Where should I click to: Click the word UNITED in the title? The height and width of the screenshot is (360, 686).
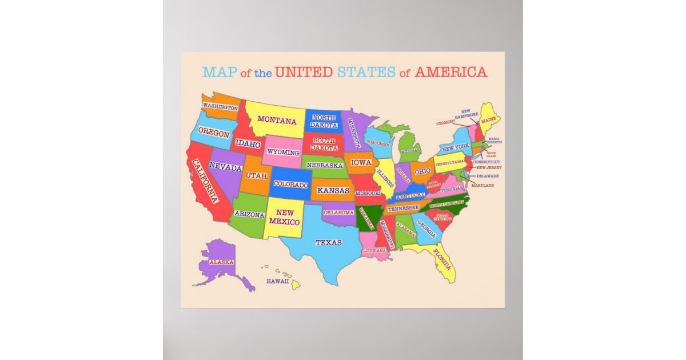click(x=304, y=73)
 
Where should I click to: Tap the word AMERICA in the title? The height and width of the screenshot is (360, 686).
click(x=451, y=73)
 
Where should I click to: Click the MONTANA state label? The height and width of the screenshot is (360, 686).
click(x=277, y=121)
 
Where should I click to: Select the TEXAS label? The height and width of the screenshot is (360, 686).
click(x=329, y=243)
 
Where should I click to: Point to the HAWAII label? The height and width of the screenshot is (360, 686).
click(x=277, y=281)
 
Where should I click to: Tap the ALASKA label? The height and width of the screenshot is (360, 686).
click(x=221, y=262)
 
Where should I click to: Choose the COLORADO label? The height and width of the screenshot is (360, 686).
click(x=291, y=184)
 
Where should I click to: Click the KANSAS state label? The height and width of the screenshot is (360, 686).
click(x=333, y=190)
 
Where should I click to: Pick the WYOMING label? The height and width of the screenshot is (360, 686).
click(x=284, y=153)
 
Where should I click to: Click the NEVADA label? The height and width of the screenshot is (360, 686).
click(x=225, y=166)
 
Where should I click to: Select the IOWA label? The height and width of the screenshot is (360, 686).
click(x=361, y=162)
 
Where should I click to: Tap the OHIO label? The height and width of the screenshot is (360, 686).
click(x=422, y=171)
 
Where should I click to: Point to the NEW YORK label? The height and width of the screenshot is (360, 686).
click(x=455, y=146)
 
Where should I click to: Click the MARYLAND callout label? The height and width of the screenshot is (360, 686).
click(x=482, y=185)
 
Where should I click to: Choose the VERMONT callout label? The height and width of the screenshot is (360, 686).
click(x=446, y=122)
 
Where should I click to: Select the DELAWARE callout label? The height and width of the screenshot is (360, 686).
click(x=488, y=176)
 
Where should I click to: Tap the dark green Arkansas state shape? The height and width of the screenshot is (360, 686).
click(x=368, y=219)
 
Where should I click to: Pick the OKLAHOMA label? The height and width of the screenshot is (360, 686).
click(x=339, y=212)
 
